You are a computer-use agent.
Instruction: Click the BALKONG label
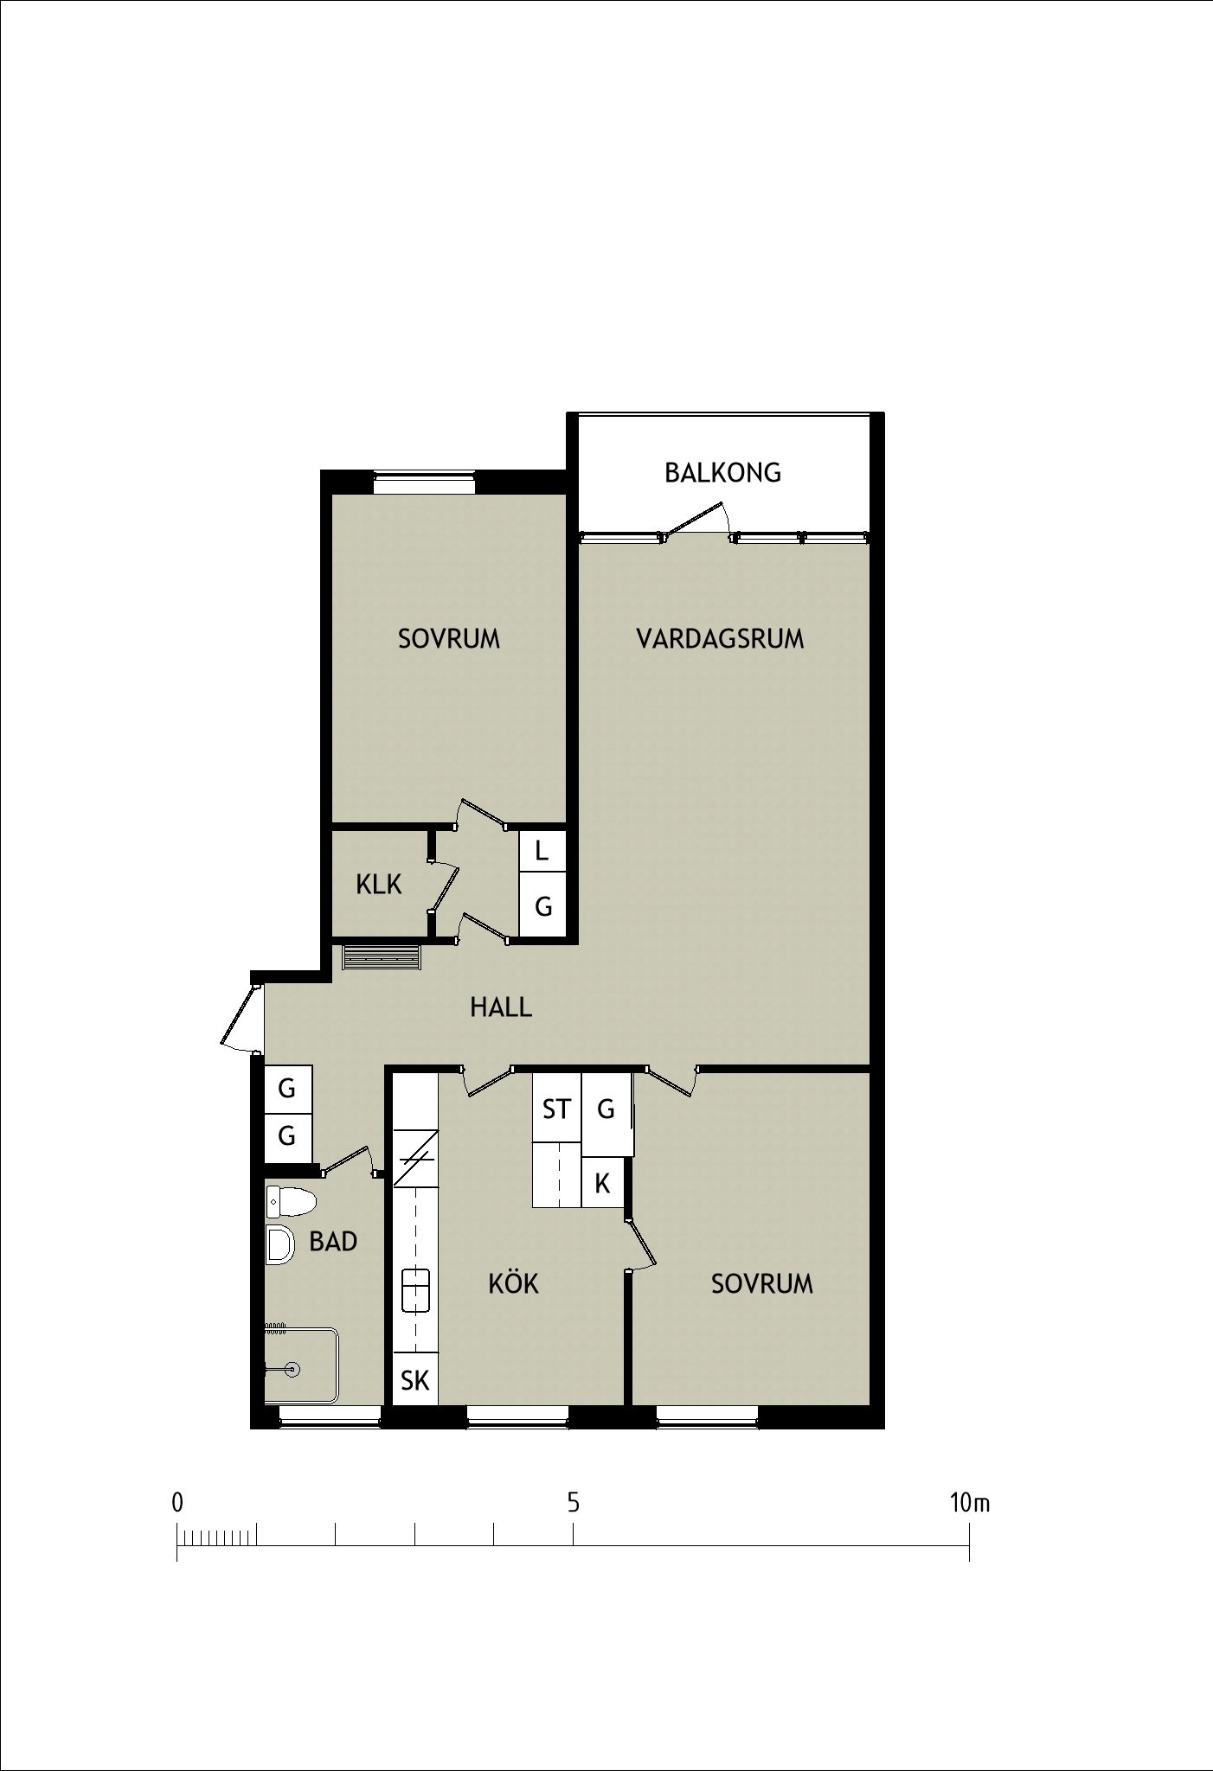pyautogui.click(x=722, y=473)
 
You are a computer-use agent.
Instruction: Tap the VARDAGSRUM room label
pyautogui.click(x=720, y=639)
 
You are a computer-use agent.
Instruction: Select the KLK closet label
pyautogui.click(x=379, y=885)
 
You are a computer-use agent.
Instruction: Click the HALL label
pyautogui.click(x=501, y=1007)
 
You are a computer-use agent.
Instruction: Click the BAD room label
pyautogui.click(x=333, y=1242)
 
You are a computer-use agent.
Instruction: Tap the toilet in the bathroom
pyautogui.click(x=290, y=1202)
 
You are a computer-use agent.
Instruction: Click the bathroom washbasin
pyautogui.click(x=279, y=1245)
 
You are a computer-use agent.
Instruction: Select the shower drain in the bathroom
pyautogui.click(x=292, y=1369)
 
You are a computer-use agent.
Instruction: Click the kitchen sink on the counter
pyautogui.click(x=415, y=1291)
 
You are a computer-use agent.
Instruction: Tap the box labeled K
pyautogui.click(x=602, y=1182)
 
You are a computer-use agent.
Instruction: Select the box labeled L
pyautogui.click(x=542, y=851)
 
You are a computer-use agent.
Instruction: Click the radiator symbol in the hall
pyautogui.click(x=382, y=957)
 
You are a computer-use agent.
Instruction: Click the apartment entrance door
pyautogui.click(x=240, y=1016)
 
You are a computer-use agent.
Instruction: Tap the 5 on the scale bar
pyautogui.click(x=573, y=1502)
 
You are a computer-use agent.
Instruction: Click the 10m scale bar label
pyautogui.click(x=969, y=1503)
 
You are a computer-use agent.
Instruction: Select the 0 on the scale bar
pyautogui.click(x=177, y=1503)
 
